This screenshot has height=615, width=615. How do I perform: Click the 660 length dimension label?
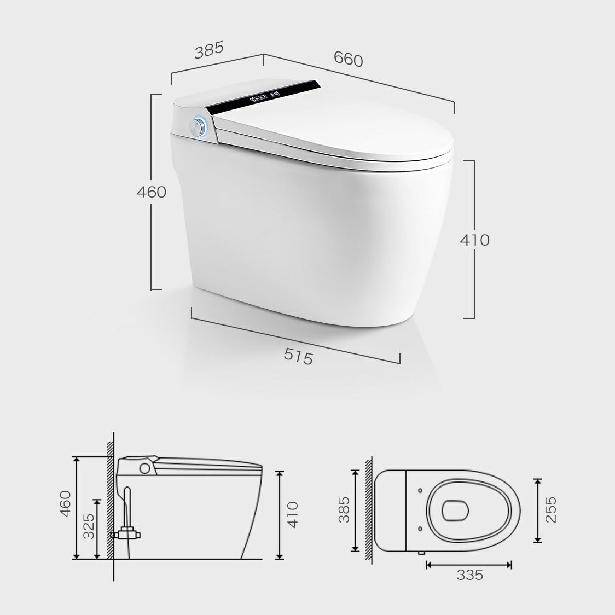(x=349, y=59)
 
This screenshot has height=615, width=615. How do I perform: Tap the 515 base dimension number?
(x=298, y=356)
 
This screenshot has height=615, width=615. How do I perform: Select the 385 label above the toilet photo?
(x=209, y=50)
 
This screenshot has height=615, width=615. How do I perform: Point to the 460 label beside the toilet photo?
(x=151, y=192)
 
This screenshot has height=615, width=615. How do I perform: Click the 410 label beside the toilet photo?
(x=474, y=240)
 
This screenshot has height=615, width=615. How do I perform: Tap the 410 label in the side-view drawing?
(x=293, y=514)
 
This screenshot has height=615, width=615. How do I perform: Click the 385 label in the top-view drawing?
(x=343, y=509)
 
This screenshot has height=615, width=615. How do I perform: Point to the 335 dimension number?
(x=470, y=575)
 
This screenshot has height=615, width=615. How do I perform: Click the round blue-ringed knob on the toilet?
(x=198, y=126)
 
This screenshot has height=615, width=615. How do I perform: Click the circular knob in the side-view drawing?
(x=145, y=468)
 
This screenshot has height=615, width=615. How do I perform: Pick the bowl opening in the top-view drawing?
(x=455, y=510)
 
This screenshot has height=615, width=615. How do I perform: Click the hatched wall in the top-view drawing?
(x=370, y=509)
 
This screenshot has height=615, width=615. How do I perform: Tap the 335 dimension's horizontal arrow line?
(x=469, y=564)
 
